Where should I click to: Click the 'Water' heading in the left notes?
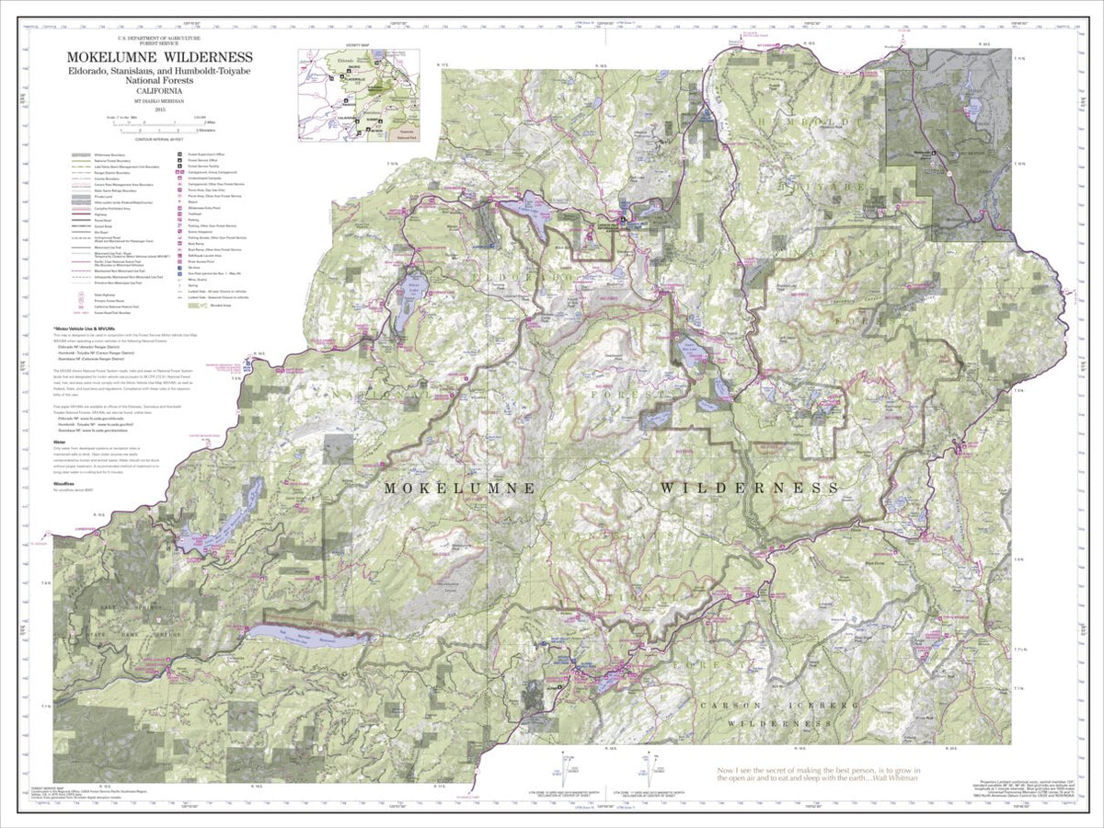point(60,442)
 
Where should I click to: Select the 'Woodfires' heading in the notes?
point(64,483)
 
